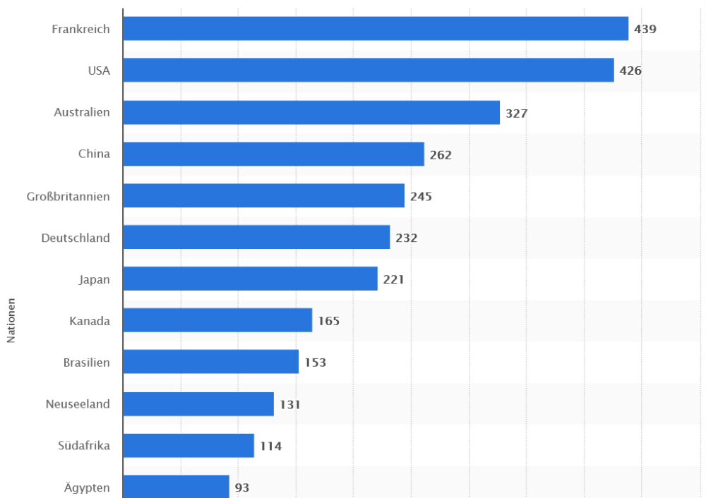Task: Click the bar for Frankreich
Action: click(376, 29)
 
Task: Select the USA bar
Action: click(369, 71)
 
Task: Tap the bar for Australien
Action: click(311, 112)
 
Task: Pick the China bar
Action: click(273, 154)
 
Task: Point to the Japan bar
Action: click(250, 279)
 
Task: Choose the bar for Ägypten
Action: click(176, 487)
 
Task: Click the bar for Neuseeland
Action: click(198, 404)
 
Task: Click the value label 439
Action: click(645, 29)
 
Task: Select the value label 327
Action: click(517, 113)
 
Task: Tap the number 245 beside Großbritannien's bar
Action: click(421, 196)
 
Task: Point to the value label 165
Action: click(328, 321)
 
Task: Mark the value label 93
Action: click(242, 487)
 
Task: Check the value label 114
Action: click(270, 446)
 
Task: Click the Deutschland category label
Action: click(76, 238)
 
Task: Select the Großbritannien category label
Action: click(68, 196)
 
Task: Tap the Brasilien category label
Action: click(86, 363)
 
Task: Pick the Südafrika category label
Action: click(84, 446)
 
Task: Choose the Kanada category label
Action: click(90, 321)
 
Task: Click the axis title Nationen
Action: click(11, 321)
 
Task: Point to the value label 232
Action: click(407, 238)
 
